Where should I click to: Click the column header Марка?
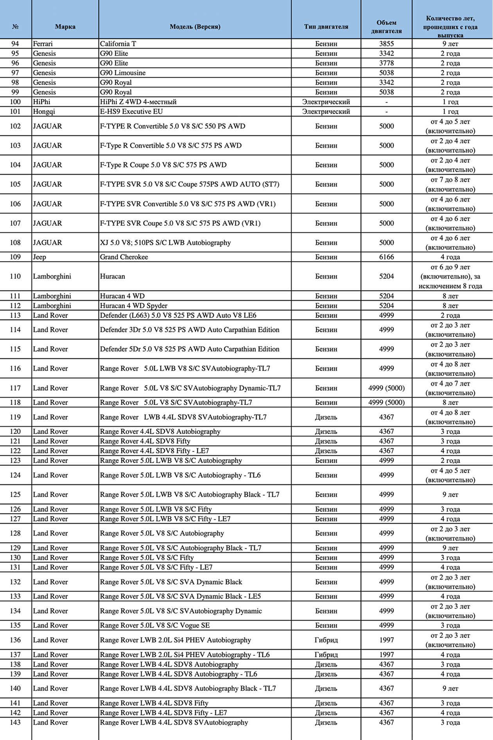tap(65, 27)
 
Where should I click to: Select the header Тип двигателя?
tap(326, 27)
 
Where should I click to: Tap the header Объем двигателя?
tap(386, 27)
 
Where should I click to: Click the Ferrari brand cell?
tap(43, 44)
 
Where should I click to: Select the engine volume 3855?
tap(386, 44)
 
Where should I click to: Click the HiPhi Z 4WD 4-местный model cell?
tap(138, 102)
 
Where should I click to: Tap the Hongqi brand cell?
tap(44, 112)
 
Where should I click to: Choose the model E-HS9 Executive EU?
tap(131, 112)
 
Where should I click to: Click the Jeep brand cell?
tap(39, 257)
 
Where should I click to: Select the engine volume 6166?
tap(386, 257)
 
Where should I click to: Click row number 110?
tap(15, 276)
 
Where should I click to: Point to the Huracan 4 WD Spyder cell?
tap(134, 306)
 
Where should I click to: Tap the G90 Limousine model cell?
tap(123, 73)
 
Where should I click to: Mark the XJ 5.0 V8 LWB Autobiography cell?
tap(165, 243)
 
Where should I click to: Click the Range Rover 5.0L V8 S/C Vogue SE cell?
tap(155, 626)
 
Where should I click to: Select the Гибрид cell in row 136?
tap(326, 640)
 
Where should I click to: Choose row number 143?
tap(15, 722)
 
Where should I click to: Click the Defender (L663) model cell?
tap(178, 316)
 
